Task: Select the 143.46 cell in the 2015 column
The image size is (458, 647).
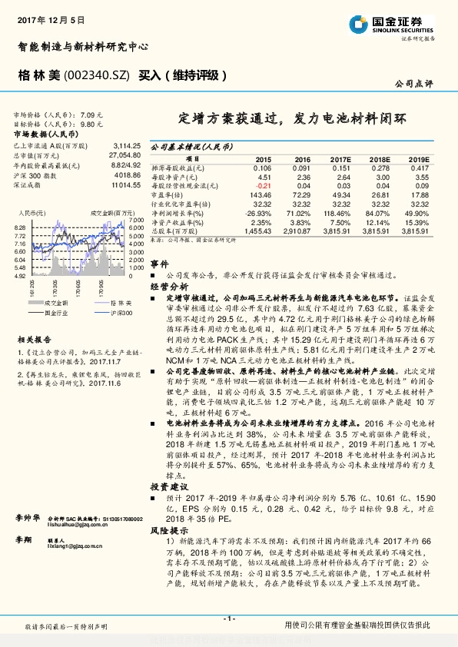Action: click(x=261, y=195)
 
